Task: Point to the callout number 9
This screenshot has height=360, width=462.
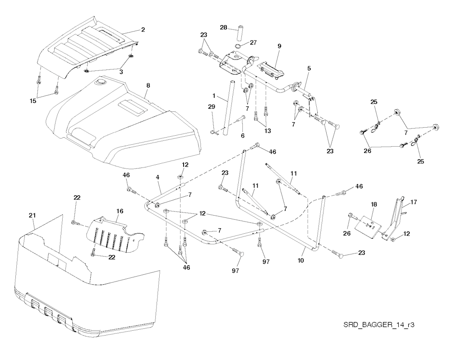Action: click(x=279, y=46)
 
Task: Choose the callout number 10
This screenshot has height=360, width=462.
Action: click(x=300, y=260)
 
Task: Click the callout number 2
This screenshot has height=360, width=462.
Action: click(x=143, y=30)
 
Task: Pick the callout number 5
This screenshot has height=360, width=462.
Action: click(x=309, y=69)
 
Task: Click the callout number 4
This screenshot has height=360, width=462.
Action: click(x=158, y=178)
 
